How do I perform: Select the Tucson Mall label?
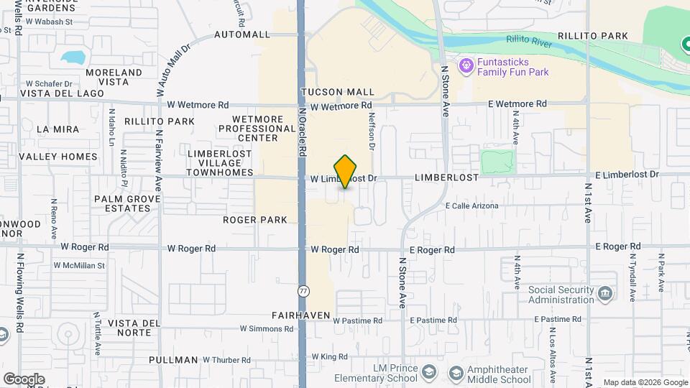point(338,92)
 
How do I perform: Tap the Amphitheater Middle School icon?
point(454,374)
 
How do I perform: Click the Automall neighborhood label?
point(241,34)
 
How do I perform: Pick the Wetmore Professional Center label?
point(249,128)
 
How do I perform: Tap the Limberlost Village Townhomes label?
point(220,163)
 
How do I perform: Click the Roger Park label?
point(255,220)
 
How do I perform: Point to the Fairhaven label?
point(301,315)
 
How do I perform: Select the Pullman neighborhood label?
point(173,360)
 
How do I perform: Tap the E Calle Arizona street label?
point(471,206)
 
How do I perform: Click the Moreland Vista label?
point(118,77)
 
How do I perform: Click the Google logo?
point(24,379)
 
